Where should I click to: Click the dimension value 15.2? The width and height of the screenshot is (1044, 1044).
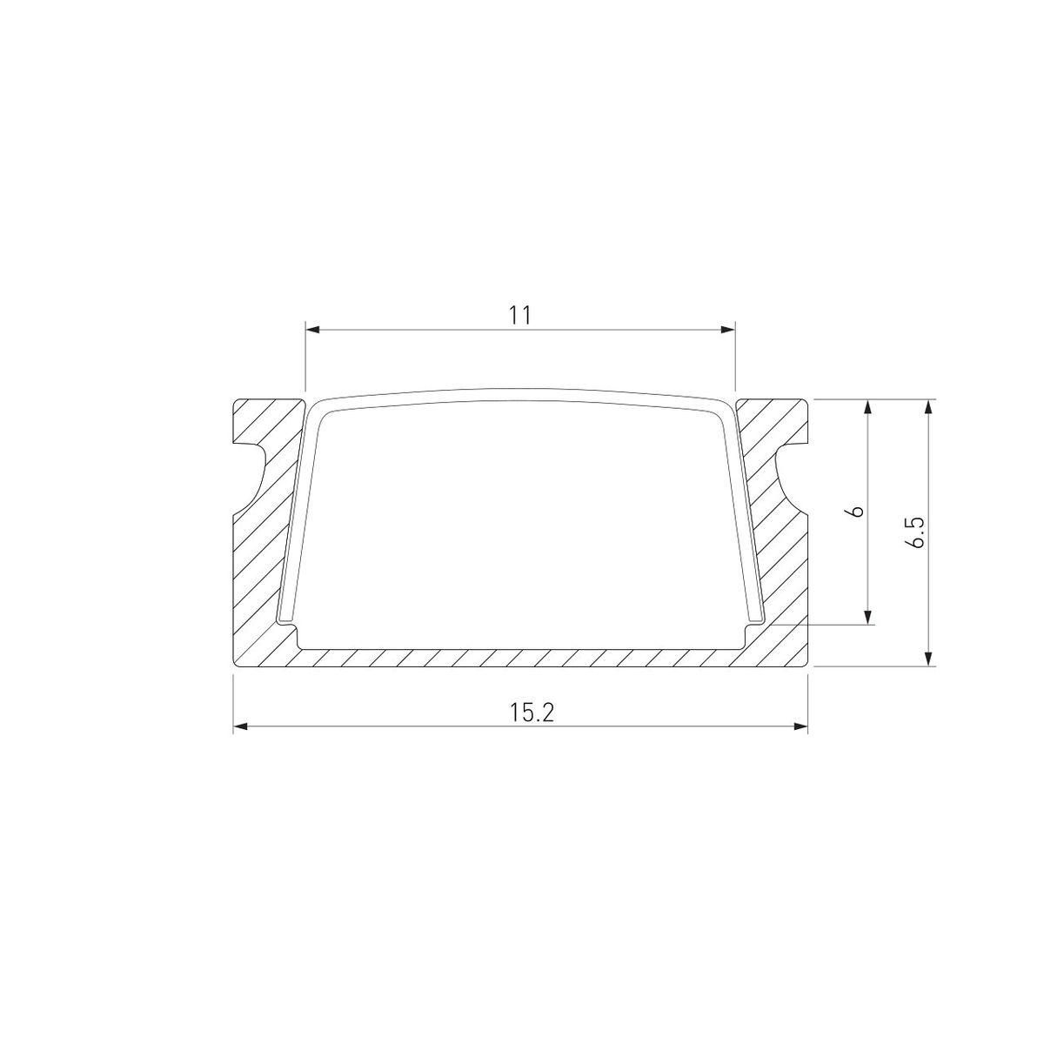pyautogui.click(x=532, y=713)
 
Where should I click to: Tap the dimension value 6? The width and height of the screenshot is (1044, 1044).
pyautogui.click(x=856, y=511)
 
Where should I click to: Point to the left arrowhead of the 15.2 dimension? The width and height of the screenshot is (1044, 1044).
pyautogui.click(x=240, y=726)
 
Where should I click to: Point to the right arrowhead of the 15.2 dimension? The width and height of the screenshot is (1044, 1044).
pyautogui.click(x=800, y=726)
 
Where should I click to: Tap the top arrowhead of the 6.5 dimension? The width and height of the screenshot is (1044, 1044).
pyautogui.click(x=930, y=406)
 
